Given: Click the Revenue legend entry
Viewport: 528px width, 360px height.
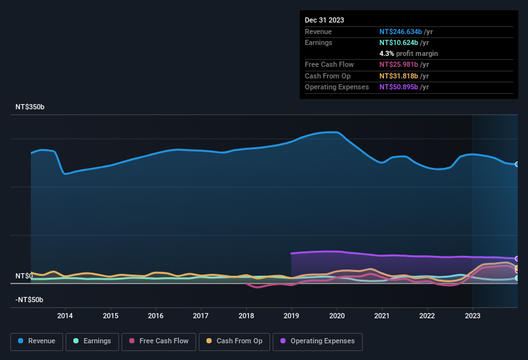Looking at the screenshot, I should coord(37,341).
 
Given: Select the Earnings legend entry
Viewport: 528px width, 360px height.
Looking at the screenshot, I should coord(93,341).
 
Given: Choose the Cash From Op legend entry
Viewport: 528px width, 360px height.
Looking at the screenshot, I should coord(234,341).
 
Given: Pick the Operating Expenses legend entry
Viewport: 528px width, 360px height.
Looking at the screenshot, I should coord(318,341).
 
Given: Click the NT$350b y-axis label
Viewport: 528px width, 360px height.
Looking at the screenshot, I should coord(30,107).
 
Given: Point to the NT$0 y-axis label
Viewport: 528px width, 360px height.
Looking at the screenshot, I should coord(24,276).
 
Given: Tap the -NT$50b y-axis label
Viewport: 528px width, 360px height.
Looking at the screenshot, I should coord(30,300).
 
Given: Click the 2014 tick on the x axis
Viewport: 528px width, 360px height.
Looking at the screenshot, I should coord(65,316).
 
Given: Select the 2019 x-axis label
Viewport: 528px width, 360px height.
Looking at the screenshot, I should coord(291,316).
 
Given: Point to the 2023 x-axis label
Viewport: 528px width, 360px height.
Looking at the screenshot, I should coord(473,316).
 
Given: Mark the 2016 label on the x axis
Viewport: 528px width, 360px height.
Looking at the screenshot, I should coord(156,316).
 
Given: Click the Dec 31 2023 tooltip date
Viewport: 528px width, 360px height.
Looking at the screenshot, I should coord(324,20).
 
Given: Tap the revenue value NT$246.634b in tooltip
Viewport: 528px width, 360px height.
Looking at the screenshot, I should coord(400,32).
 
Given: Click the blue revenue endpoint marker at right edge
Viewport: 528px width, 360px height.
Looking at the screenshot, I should coord(517,165).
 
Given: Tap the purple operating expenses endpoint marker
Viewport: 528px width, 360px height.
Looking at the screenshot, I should coord(517,258).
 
